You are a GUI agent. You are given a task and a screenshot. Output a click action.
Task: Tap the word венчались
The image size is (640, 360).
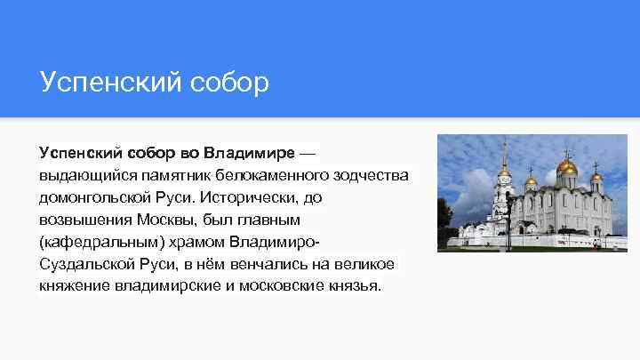(270, 264)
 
